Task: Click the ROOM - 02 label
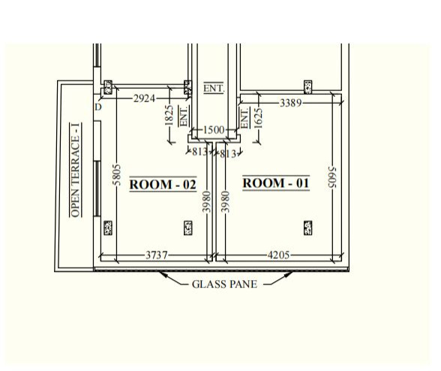163,185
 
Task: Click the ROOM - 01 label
276,183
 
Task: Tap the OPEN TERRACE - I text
75,170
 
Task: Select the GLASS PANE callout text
224,284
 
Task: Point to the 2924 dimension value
144,98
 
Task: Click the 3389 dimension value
291,103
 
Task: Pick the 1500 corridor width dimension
214,130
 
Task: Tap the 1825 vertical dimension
169,115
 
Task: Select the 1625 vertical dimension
258,119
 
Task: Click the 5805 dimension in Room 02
116,175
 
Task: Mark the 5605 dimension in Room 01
332,177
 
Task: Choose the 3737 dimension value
157,255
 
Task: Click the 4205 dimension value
278,255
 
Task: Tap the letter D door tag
97,107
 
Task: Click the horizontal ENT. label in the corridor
214,88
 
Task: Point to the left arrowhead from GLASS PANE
163,274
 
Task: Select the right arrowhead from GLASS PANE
288,274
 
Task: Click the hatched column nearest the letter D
108,87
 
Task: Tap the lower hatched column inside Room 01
308,228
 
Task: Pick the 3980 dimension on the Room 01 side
225,202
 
